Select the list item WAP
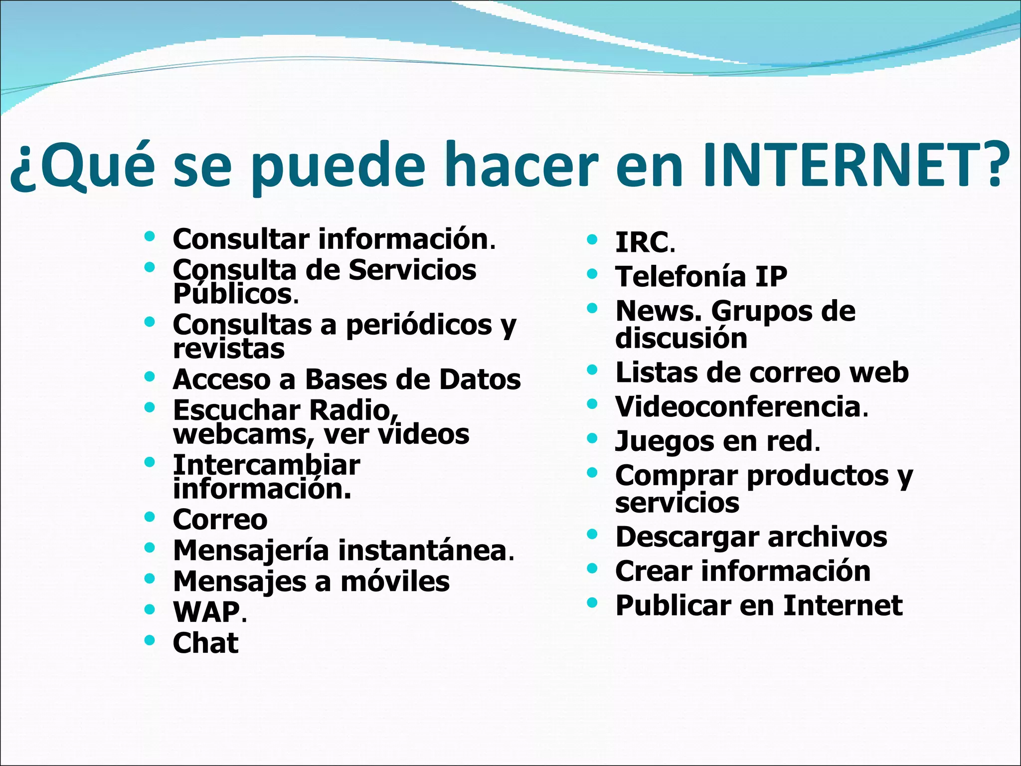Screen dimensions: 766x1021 click(x=206, y=612)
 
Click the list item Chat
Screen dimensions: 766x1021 click(x=205, y=643)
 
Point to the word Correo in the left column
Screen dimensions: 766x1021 click(x=220, y=520)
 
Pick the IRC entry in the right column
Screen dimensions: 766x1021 click(x=642, y=243)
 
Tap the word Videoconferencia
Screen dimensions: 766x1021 click(x=738, y=407)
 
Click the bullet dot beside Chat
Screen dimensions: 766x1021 click(x=149, y=640)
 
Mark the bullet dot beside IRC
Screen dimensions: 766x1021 click(x=592, y=239)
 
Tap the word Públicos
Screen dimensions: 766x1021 click(x=232, y=294)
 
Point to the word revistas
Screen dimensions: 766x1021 click(x=229, y=349)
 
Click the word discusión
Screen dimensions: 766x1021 click(x=681, y=338)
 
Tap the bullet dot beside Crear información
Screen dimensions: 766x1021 click(x=592, y=568)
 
